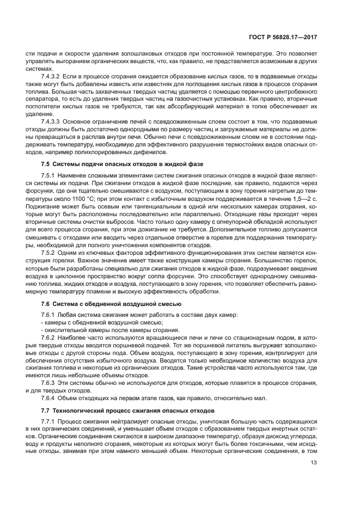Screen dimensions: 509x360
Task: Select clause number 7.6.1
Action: point(47,316)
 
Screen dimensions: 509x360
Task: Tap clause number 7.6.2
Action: point(47,338)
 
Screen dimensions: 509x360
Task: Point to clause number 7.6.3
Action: point(47,383)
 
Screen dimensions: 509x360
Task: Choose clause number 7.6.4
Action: point(47,398)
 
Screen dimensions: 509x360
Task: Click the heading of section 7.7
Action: point(128,409)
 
